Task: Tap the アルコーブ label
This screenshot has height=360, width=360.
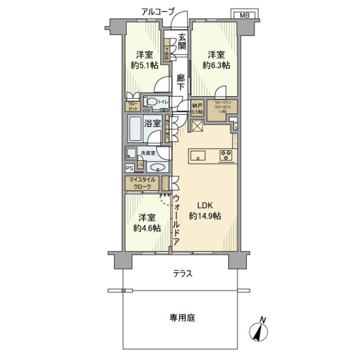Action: (x=157, y=11)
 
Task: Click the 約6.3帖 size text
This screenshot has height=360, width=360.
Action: (x=217, y=66)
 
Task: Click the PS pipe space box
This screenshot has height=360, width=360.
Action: (x=129, y=168)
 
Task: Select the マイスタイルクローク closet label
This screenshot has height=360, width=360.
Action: (x=143, y=183)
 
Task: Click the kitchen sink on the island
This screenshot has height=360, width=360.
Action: (x=200, y=155)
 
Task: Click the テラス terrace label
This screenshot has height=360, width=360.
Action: (x=183, y=274)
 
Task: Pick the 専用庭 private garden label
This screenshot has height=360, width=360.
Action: (x=182, y=318)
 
